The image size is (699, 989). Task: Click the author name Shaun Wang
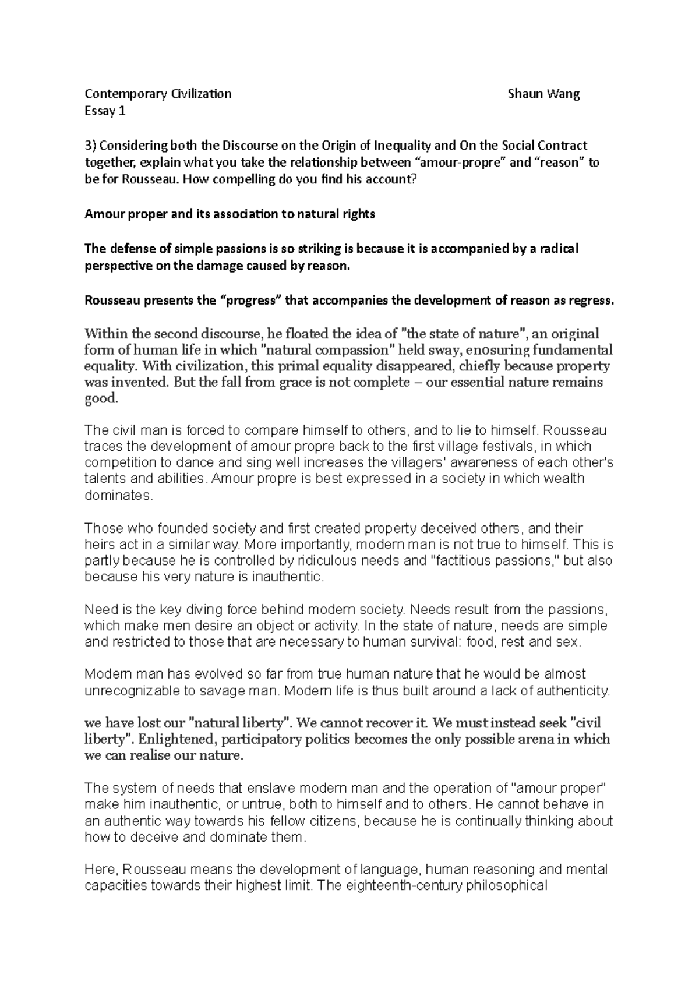tap(543, 94)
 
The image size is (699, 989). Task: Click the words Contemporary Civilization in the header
tap(158, 94)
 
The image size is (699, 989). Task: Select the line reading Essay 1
tap(105, 111)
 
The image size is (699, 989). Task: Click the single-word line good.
tap(101, 399)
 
